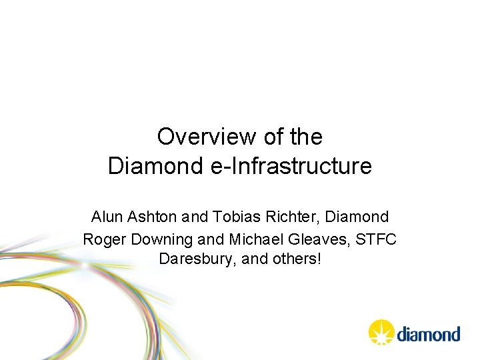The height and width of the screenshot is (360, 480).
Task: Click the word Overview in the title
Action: point(198,137)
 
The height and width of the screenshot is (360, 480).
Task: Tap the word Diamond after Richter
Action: point(357,217)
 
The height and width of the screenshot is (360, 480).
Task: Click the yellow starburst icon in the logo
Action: point(381,332)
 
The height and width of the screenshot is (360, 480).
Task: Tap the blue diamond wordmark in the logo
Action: point(429,333)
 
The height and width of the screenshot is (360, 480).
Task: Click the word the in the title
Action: point(307,137)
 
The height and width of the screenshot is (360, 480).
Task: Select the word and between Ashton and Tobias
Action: point(195,217)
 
